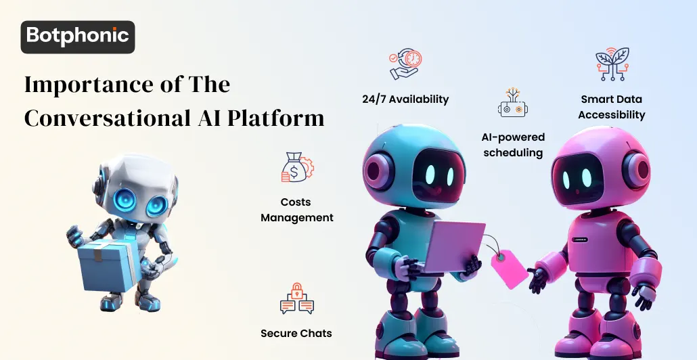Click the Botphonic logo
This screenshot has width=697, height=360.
pos(78,37)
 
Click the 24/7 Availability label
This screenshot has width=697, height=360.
pos(405,99)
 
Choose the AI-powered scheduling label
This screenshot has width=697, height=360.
pos(512,145)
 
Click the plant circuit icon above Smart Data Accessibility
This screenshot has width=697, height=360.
pos(612,65)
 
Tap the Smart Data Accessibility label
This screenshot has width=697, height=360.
pos(611,107)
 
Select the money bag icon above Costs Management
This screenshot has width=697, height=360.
pos(296,168)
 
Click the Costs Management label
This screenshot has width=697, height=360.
pos(296,210)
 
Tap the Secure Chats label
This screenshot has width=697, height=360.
pos(296,333)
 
